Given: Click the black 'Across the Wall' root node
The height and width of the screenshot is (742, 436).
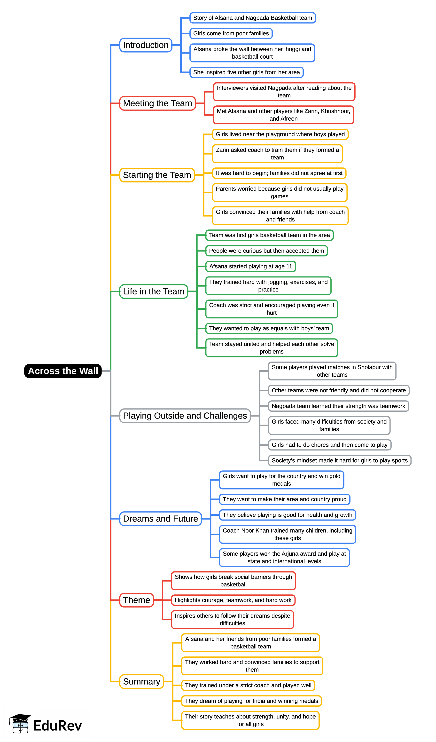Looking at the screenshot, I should click(63, 371).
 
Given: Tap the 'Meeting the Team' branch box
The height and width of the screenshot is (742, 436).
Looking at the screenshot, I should click(157, 103).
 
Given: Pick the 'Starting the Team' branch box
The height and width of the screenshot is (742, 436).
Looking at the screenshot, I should click(157, 175).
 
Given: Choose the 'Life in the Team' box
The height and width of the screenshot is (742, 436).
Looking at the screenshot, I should click(153, 291).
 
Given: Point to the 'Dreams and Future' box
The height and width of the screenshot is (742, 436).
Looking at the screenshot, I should click(160, 519).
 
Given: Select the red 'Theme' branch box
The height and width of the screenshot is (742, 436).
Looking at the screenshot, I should click(136, 600).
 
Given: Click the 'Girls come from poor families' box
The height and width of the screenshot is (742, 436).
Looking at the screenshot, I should click(231, 34).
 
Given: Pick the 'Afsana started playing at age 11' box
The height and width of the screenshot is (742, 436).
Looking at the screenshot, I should click(250, 267).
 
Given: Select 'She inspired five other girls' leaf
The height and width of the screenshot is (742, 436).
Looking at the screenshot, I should click(246, 72).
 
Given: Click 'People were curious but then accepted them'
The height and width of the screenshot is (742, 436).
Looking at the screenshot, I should click(266, 251).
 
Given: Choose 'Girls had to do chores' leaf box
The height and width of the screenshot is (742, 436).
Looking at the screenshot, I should click(329, 445).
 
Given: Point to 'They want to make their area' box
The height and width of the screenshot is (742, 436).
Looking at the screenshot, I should click(284, 499).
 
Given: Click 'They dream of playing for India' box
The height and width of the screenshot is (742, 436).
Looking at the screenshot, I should click(251, 701).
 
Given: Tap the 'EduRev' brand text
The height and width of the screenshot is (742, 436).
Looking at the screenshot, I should click(57, 726).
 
